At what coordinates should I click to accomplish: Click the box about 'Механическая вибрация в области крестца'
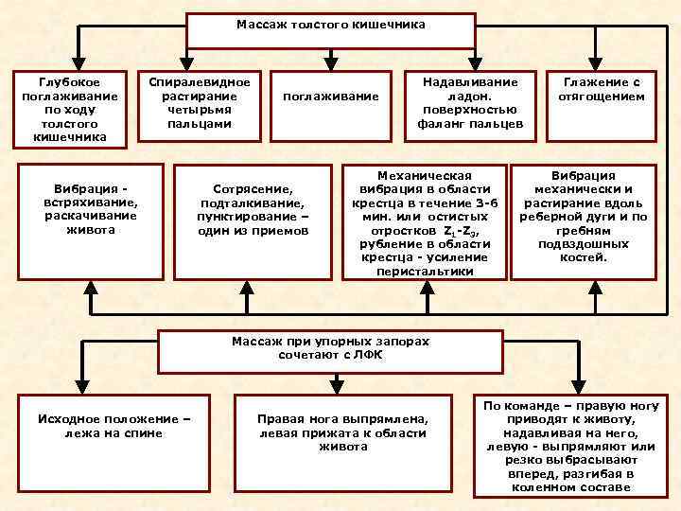424,222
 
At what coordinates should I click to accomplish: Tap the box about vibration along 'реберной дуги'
584,221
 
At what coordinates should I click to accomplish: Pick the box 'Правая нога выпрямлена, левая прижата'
342,441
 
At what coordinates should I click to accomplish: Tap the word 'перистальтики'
424,271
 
